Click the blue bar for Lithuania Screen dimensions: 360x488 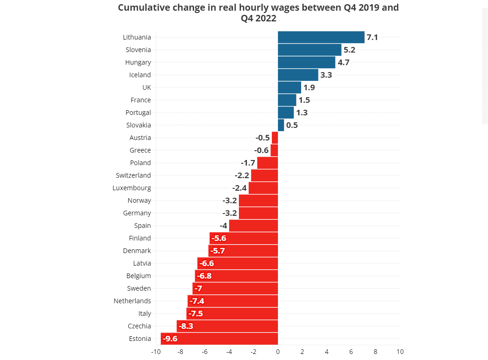tap(321, 37)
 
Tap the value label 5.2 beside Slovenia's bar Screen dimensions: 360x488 tap(349, 50)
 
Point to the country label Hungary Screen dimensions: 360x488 tap(138, 62)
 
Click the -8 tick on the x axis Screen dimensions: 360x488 tap(180, 352)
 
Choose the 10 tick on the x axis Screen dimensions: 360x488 tap(400, 352)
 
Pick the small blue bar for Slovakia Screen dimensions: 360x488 tap(281, 125)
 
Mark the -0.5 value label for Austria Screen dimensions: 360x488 tap(263, 138)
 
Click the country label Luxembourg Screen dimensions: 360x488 tap(132, 188)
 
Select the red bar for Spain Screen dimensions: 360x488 tap(253, 226)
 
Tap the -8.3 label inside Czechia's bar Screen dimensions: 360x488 tap(185, 326)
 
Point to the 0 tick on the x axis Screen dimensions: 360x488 tap(278, 352)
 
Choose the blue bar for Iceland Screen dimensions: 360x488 tap(298, 75)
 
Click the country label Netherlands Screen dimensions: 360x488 tap(132, 301)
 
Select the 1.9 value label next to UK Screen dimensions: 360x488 tap(309, 87)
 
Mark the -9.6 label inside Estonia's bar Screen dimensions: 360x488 tap(170, 339)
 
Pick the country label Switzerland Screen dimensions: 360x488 tap(133, 175)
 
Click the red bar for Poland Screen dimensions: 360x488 tap(267, 163)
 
